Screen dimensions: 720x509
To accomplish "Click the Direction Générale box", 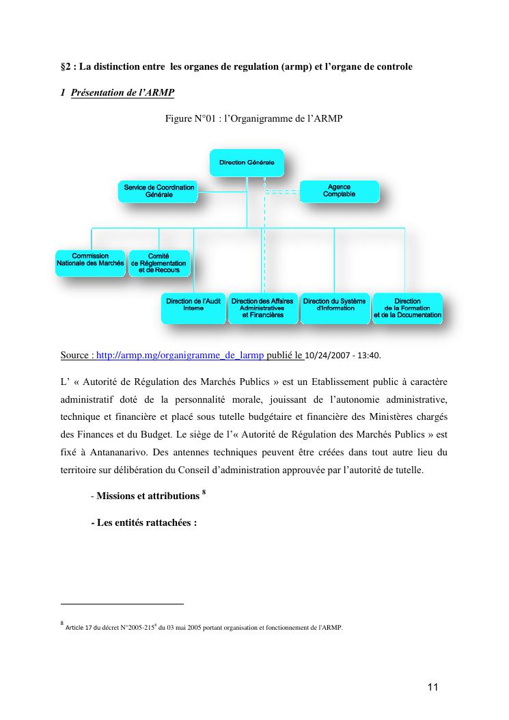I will point(247,163).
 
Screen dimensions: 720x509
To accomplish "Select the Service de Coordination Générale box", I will point(159,191).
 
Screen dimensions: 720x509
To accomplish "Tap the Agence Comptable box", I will point(339,191).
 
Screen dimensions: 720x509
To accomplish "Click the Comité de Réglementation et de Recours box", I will point(159,263).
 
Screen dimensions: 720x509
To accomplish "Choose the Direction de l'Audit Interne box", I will point(193,308).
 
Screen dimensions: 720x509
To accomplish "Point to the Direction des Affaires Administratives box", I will point(262,308).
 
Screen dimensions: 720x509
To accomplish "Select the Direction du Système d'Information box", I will point(334,308).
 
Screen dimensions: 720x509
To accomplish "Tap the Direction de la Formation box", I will point(407,308).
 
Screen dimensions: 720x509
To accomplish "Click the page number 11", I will point(432,687).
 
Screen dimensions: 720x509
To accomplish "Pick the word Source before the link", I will point(74,356).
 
